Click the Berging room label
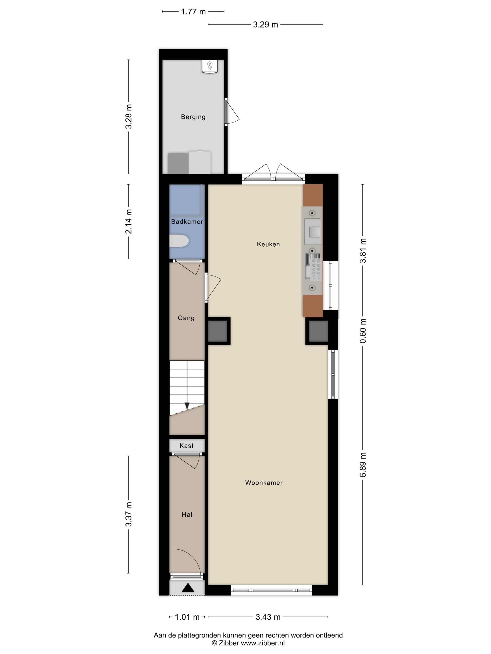[x=193, y=117]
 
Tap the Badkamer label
[x=187, y=221]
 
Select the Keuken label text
[x=268, y=244]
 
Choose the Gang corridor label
[x=186, y=318]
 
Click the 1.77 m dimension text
[x=193, y=12]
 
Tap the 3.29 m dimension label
[x=265, y=25]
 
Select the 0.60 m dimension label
[x=363, y=331]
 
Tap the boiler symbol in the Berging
[x=209, y=66]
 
